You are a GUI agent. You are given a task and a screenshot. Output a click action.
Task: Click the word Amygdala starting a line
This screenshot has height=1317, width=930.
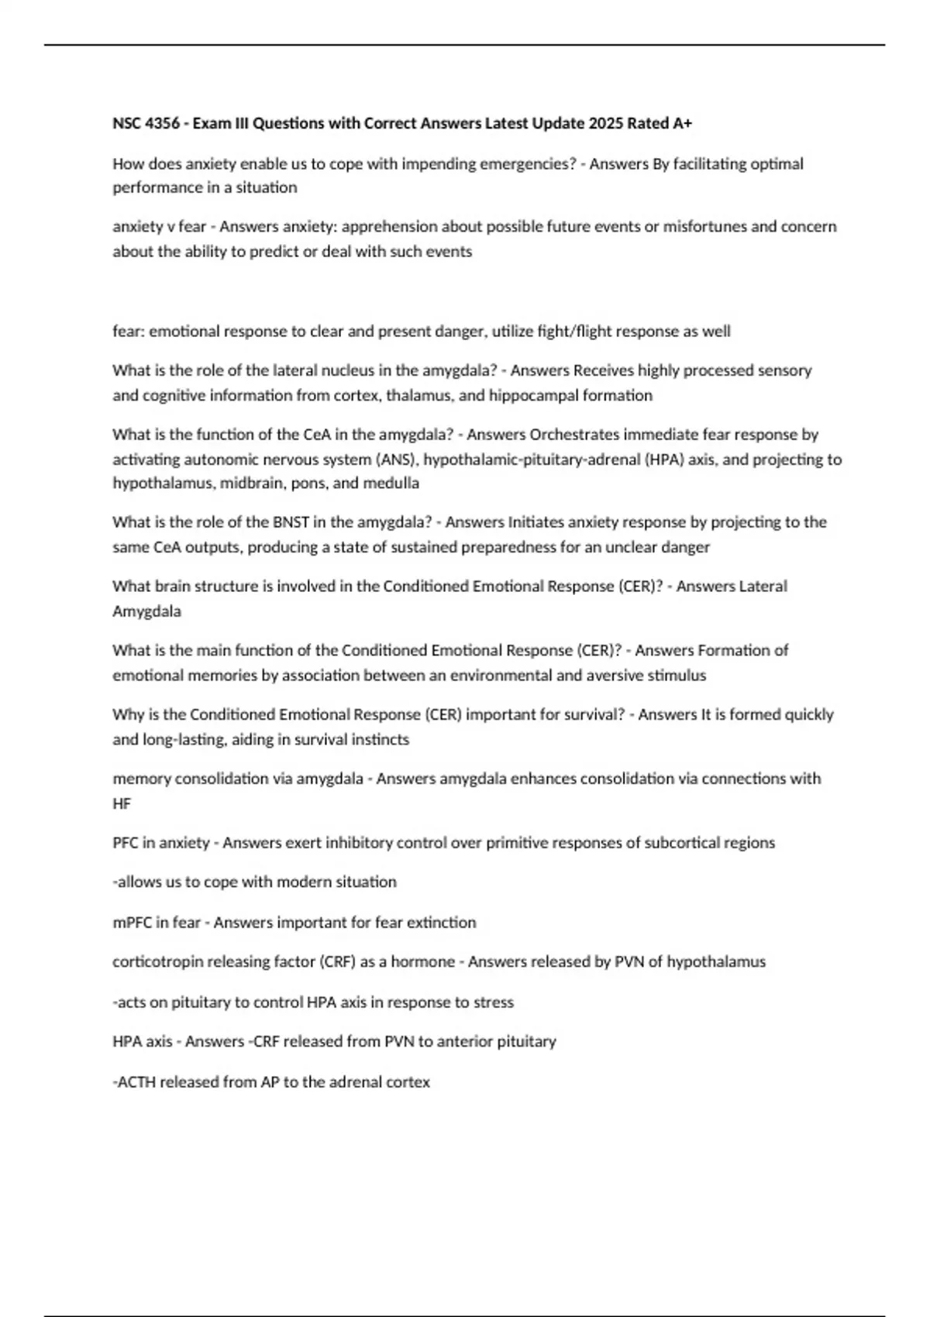pyautogui.click(x=146, y=611)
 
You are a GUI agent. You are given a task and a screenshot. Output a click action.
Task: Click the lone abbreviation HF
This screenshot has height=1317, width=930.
pyautogui.click(x=122, y=804)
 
